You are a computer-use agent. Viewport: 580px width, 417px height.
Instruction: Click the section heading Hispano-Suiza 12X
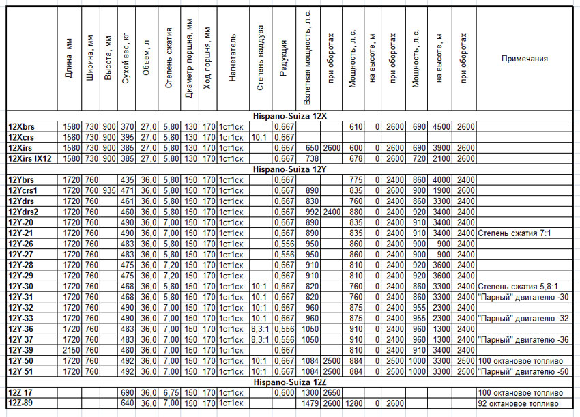click(x=289, y=117)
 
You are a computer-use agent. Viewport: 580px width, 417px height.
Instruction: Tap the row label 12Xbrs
click(x=21, y=127)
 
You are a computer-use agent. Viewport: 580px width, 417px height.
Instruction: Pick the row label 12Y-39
click(x=20, y=349)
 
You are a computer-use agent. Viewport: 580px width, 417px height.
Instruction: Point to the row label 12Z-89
click(x=20, y=404)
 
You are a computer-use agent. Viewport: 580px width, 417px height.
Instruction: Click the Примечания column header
click(x=525, y=59)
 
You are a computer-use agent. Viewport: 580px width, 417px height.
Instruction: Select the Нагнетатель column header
click(x=233, y=58)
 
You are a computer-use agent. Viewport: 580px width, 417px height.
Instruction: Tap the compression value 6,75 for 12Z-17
click(x=171, y=394)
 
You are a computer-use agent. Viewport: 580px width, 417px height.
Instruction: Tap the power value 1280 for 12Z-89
click(x=352, y=404)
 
